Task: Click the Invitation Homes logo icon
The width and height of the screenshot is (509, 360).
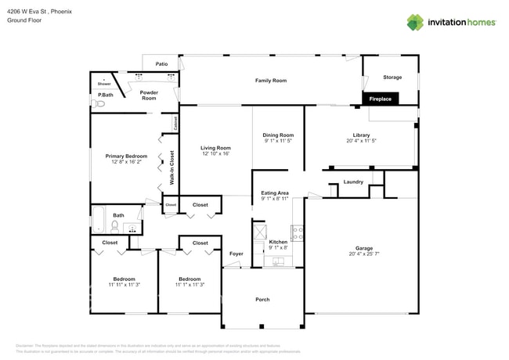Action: [x=414, y=22]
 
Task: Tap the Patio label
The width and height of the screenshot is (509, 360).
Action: [x=161, y=64]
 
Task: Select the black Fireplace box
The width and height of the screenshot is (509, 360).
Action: [x=381, y=99]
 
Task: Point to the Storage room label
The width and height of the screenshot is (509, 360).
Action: [x=392, y=77]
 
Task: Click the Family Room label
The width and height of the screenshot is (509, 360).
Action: [x=270, y=81]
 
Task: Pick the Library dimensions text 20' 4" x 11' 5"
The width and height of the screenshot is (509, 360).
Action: [x=360, y=141]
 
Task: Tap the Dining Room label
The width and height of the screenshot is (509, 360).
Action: [x=278, y=135]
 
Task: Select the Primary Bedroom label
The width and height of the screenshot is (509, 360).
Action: [x=126, y=156]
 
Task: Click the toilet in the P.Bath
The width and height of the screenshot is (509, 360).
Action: [x=99, y=103]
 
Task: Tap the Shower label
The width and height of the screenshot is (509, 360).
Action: [x=103, y=83]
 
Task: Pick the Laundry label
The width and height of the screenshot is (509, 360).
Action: [x=353, y=182]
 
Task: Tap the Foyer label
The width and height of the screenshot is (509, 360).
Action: [x=236, y=254]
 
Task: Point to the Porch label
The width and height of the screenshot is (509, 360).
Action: [x=262, y=300]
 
